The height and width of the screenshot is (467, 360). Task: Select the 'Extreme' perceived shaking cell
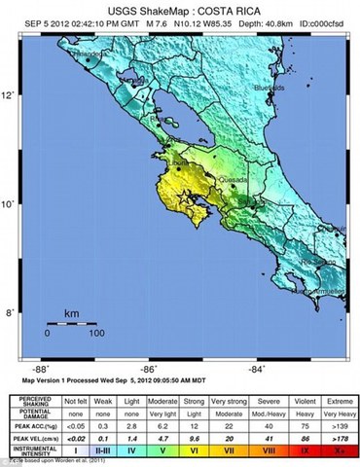(x=338, y=401)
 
